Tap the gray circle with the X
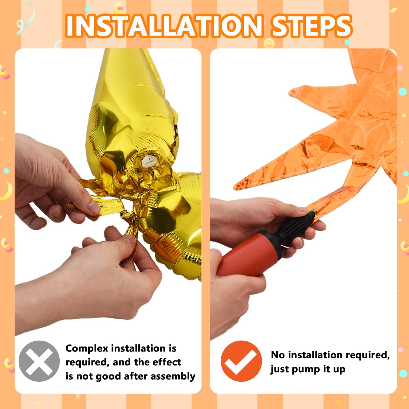point(39,361)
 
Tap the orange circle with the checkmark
point(241,361)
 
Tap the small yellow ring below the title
point(269,44)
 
